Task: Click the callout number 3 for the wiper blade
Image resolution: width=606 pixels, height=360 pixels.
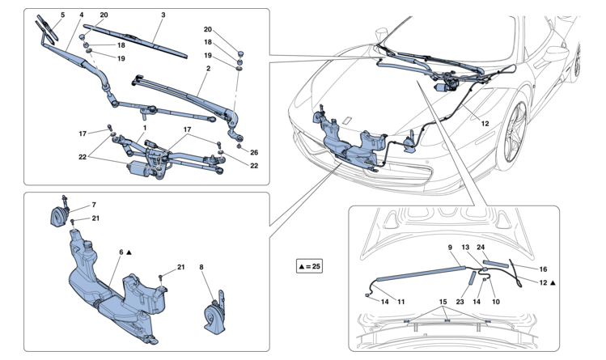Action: (x=163, y=15)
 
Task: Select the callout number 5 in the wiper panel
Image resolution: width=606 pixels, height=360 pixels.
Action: (x=61, y=15)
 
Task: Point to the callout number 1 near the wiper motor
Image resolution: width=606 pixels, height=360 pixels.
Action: (x=145, y=128)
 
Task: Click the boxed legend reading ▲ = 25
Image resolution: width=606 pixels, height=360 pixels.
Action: (x=309, y=265)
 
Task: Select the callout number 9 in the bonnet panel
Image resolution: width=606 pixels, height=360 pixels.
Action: (x=449, y=246)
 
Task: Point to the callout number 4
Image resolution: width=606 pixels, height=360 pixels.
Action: (x=82, y=15)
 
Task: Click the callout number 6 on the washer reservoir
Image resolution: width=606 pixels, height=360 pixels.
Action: (x=121, y=252)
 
